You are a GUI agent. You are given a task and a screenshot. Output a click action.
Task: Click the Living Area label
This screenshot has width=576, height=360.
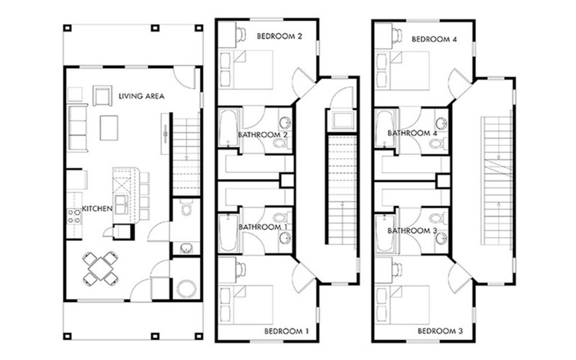[x=141, y=96]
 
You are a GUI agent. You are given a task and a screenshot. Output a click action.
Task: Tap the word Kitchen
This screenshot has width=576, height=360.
[x=97, y=209]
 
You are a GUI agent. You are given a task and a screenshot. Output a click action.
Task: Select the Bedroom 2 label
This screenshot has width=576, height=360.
[x=280, y=36]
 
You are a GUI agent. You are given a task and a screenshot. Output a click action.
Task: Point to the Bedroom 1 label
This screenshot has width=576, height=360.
[x=286, y=331]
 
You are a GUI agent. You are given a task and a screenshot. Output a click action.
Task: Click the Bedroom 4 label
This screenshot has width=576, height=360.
[x=434, y=39]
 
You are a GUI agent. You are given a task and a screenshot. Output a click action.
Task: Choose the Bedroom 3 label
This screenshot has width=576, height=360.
[x=440, y=331]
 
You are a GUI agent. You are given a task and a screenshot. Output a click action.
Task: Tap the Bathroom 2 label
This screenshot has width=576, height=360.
[x=263, y=135]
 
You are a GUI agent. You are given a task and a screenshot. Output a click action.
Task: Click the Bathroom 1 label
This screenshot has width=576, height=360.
[x=263, y=227]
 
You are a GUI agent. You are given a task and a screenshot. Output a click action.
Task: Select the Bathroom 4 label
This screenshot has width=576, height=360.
[x=412, y=133]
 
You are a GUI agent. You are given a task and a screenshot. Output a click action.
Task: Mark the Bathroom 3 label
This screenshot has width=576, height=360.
[x=412, y=231]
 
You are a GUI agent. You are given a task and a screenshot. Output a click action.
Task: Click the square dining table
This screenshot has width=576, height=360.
[x=100, y=268]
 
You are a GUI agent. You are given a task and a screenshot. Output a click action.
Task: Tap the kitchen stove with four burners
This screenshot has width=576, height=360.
[x=74, y=217]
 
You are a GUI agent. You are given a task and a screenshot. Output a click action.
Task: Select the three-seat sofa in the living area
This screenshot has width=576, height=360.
[x=78, y=128]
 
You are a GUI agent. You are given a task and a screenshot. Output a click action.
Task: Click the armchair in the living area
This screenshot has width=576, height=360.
[x=102, y=96]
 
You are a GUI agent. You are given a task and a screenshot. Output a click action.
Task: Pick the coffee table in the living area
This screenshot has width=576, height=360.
[x=109, y=128]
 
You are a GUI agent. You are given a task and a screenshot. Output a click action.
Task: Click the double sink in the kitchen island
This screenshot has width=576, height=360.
[x=121, y=205]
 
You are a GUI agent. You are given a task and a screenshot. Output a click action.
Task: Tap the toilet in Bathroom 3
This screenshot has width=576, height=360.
[x=439, y=219]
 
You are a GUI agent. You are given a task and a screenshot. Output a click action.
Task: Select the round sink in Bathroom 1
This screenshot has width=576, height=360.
[x=285, y=238]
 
